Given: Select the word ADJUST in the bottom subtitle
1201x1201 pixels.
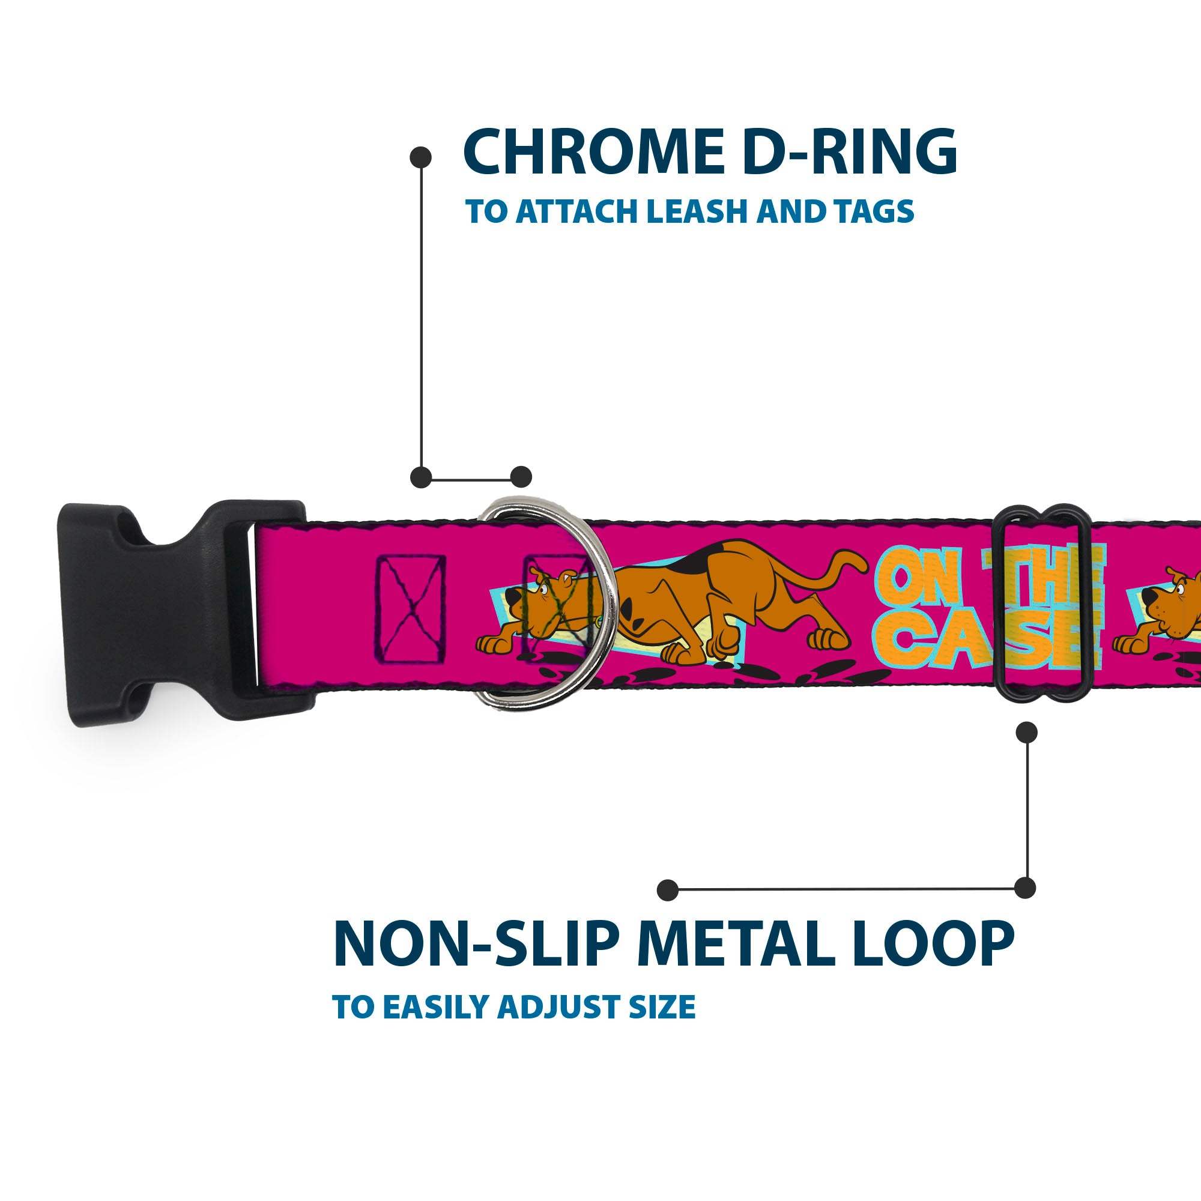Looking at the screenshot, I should (x=559, y=1008).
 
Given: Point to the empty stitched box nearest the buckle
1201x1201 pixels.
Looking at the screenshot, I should (x=411, y=608).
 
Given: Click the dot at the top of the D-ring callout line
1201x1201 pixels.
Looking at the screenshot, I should (x=421, y=157).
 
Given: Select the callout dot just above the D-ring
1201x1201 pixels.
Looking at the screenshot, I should (x=521, y=477).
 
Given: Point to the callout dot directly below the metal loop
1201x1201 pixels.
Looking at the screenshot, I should (x=1026, y=732).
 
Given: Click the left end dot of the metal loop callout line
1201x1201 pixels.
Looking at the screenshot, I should (x=668, y=889).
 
